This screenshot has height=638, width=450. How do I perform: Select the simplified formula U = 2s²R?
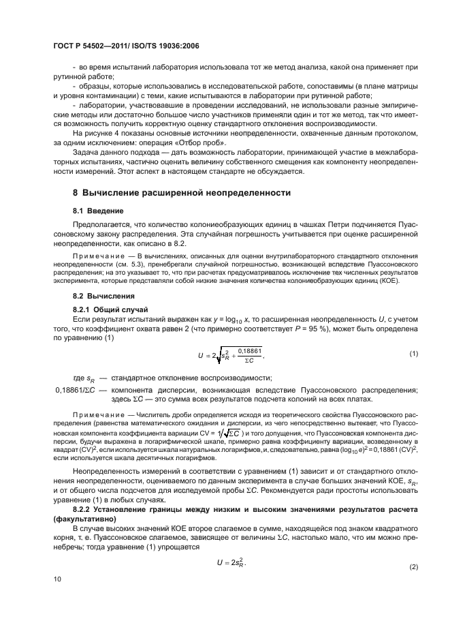(231, 562)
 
